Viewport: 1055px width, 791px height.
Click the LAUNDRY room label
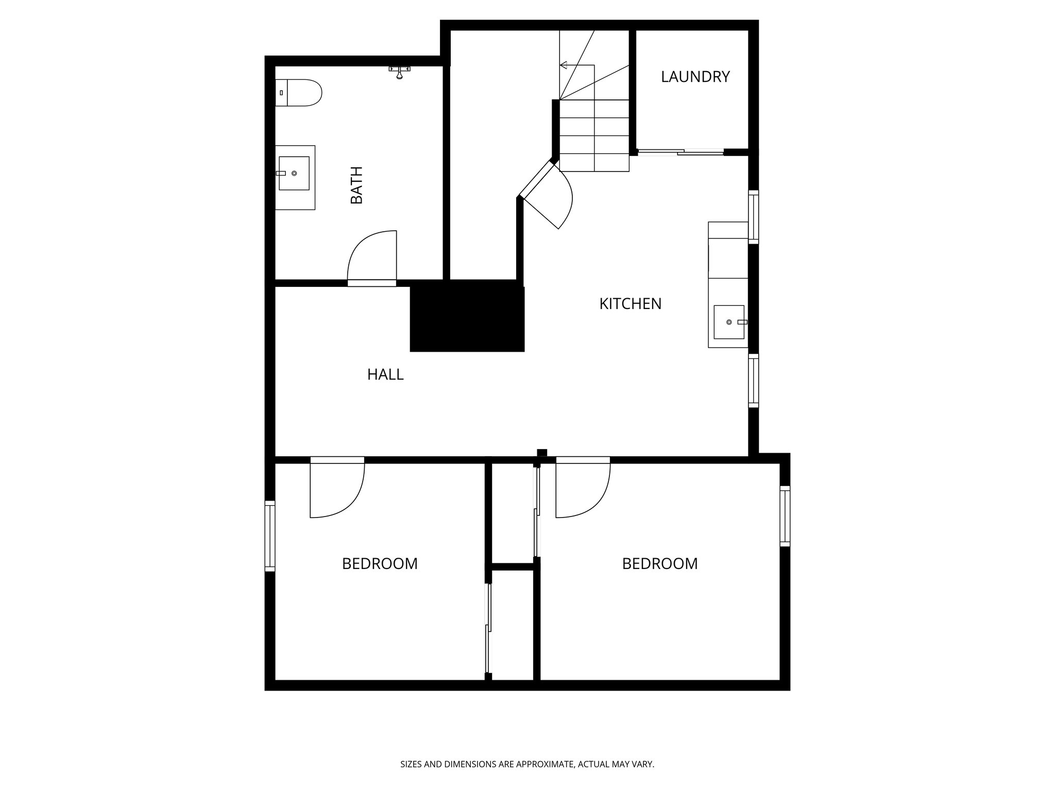pyautogui.click(x=695, y=77)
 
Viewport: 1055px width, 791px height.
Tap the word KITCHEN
pyautogui.click(x=630, y=304)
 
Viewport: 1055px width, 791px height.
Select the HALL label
pyautogui.click(x=385, y=374)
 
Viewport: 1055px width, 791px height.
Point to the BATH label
pyautogui.click(x=356, y=185)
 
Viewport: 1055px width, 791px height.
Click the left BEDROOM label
pyautogui.click(x=380, y=563)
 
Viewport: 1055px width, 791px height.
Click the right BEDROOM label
pyautogui.click(x=659, y=563)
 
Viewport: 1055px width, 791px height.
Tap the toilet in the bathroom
pyautogui.click(x=299, y=93)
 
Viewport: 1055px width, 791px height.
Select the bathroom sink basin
pyautogui.click(x=294, y=174)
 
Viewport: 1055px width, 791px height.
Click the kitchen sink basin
pyautogui.click(x=729, y=322)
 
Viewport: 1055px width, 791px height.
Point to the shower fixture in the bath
pyautogui.click(x=399, y=72)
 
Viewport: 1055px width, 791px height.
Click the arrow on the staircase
pyautogui.click(x=565, y=65)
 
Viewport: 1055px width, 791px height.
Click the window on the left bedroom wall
pyautogui.click(x=270, y=536)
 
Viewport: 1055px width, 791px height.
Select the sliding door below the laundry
pyautogui.click(x=680, y=151)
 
